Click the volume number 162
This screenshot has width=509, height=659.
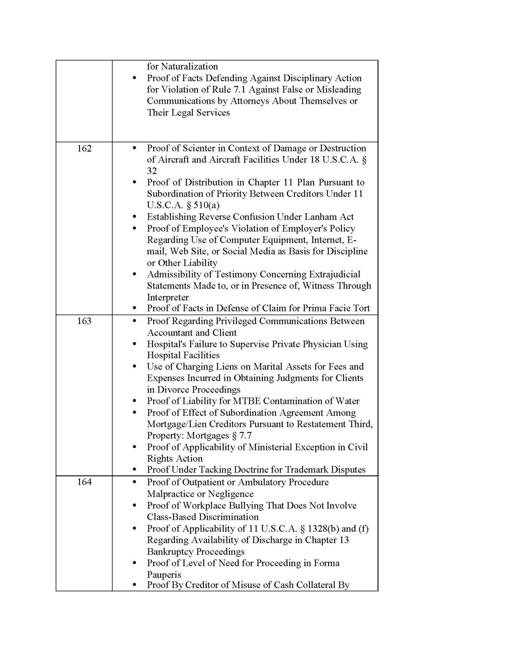point(84,149)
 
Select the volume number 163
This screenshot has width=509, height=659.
point(84,321)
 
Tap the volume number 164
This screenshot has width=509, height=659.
point(84,482)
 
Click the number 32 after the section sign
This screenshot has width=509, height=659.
point(152,171)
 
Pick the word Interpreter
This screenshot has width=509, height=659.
point(168,297)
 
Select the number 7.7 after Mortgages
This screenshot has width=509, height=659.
point(245,436)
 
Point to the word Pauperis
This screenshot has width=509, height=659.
point(164,575)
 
